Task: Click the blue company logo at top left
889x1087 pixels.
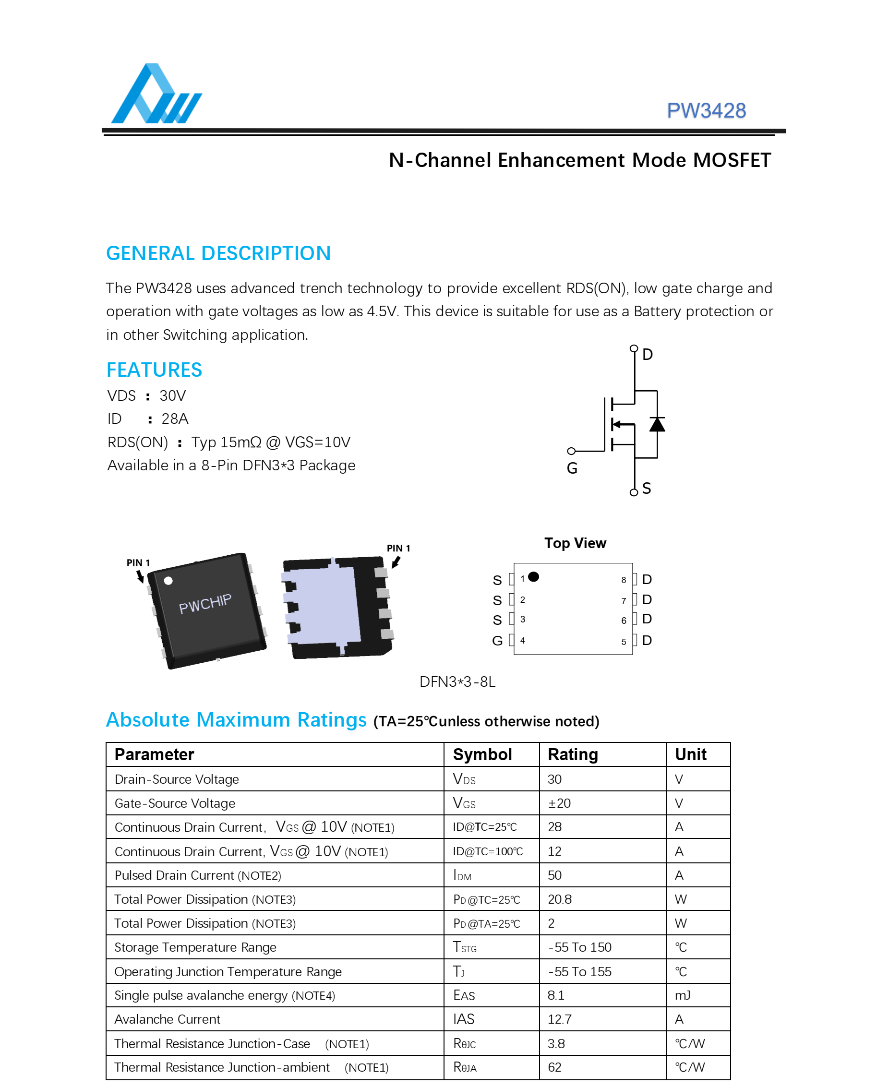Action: coord(156,95)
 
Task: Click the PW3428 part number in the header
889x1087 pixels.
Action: coord(706,110)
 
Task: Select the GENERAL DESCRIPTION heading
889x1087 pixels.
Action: coord(218,253)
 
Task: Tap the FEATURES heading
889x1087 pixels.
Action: coord(154,370)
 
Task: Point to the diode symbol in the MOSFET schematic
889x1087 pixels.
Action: coord(657,424)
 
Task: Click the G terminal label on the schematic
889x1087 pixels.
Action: coord(572,468)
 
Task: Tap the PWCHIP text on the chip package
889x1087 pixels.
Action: coord(205,604)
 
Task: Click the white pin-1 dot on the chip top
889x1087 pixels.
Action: coord(168,581)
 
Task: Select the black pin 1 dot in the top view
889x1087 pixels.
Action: coord(534,576)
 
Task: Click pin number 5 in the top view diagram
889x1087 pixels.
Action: coord(623,642)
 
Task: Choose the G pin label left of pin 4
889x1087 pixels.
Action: coord(497,641)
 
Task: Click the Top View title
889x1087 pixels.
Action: coord(575,543)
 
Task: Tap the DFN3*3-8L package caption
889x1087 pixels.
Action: coord(457,682)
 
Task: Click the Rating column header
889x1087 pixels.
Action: coord(573,754)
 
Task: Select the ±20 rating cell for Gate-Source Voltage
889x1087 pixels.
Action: coord(559,803)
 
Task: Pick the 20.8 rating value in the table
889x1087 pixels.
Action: coord(559,899)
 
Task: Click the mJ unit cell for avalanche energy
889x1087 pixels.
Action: coord(682,995)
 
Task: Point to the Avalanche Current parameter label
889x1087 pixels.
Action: coord(167,1019)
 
